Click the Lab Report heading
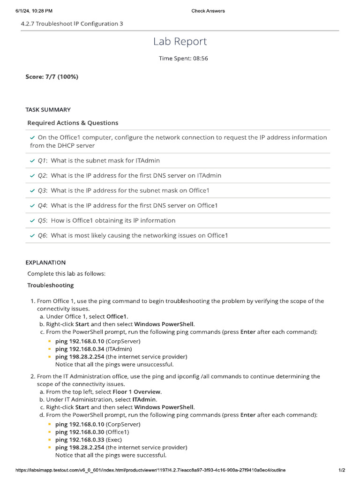click(180, 42)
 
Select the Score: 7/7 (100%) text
click(52, 77)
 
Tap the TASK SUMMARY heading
click(48, 110)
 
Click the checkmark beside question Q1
click(32, 161)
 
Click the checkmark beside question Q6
click(32, 236)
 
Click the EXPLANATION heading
click(45, 262)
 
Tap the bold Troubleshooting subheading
click(50, 285)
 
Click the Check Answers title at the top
click(208, 11)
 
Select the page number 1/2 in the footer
click(342, 470)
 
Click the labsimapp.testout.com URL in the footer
click(150, 470)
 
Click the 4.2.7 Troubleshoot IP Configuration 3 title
click(72, 23)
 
